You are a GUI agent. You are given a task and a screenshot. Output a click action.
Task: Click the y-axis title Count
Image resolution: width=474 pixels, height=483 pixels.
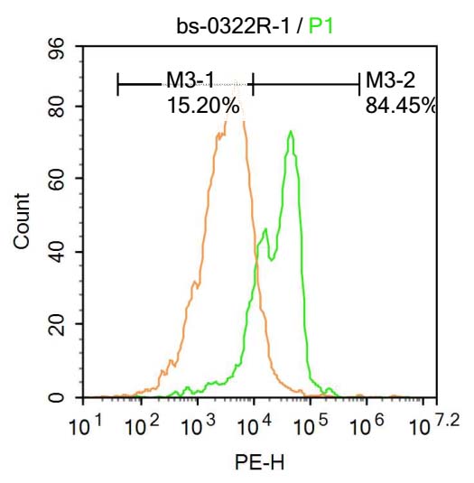[22, 222]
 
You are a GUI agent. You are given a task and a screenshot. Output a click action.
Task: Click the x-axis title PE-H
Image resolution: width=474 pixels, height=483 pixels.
[253, 463]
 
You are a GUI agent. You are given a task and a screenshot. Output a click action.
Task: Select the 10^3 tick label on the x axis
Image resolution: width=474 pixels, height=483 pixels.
[197, 424]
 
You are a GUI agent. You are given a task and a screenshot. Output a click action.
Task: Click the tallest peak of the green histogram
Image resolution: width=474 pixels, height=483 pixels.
[290, 133]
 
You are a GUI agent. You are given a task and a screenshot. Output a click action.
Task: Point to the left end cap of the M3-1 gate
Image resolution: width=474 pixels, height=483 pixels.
[118, 85]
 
